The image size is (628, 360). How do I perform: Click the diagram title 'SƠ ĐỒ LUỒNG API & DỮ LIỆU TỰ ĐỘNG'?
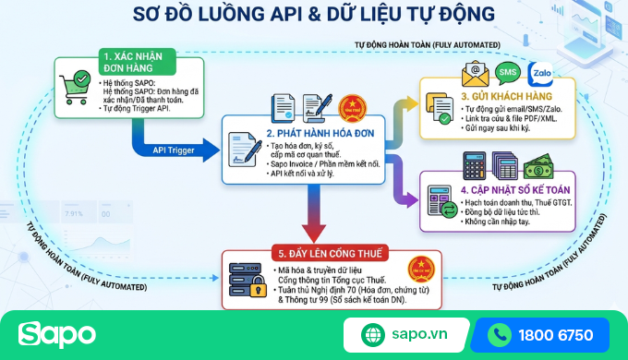pyautogui.click(x=313, y=14)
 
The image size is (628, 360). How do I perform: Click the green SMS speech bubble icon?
pyautogui.click(x=508, y=72)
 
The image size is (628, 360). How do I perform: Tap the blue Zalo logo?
pyautogui.click(x=547, y=73)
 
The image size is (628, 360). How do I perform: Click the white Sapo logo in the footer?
pyautogui.click(x=56, y=333)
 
